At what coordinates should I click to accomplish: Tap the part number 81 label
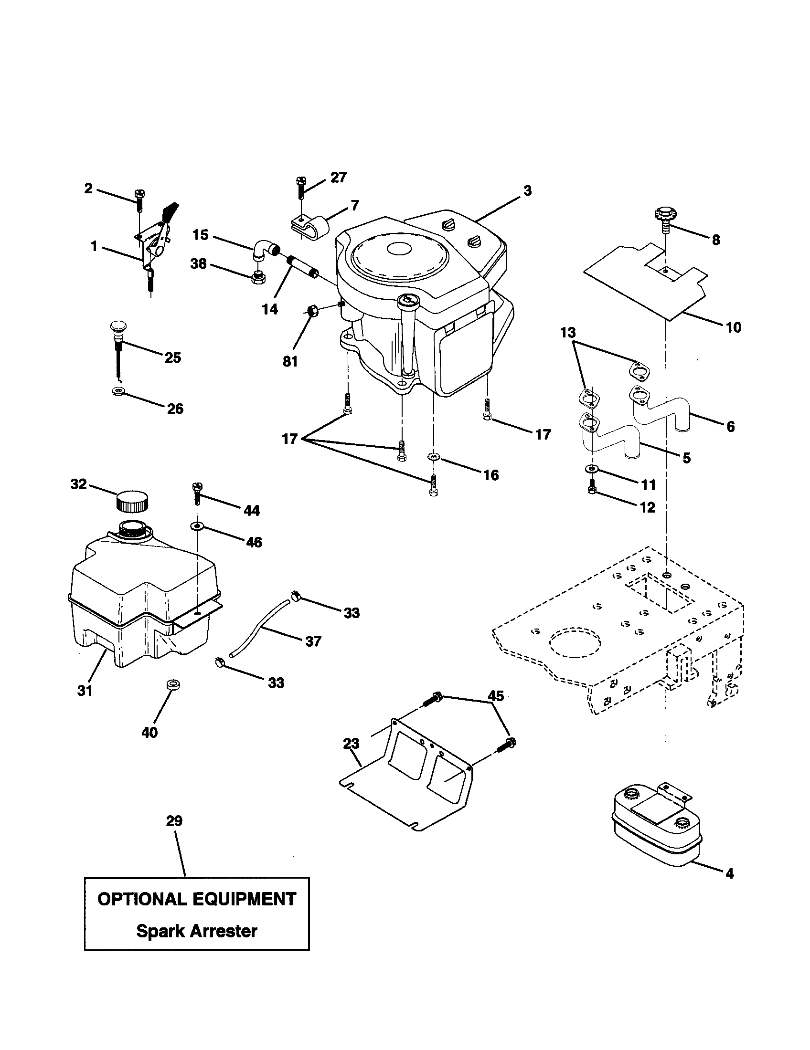290,362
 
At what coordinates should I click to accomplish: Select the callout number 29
174,821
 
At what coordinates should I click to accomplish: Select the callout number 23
351,744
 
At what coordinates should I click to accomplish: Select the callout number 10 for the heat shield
733,328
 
